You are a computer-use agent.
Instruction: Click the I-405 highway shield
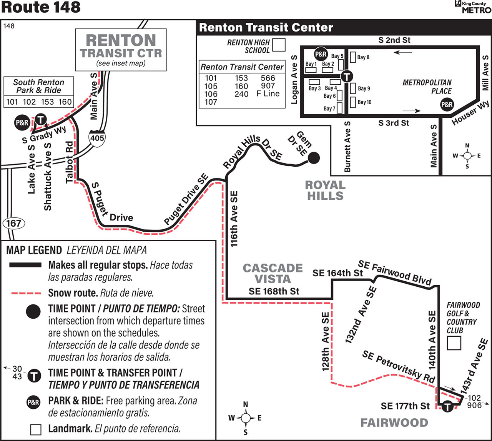(x=97, y=138)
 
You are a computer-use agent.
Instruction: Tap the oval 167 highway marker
(x=13, y=224)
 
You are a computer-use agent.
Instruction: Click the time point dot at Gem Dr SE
(x=314, y=158)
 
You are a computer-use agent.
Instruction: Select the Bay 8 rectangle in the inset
(x=353, y=57)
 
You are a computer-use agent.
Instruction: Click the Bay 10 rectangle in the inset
(x=353, y=102)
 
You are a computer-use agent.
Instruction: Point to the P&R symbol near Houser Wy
(x=447, y=105)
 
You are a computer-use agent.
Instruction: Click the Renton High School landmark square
(x=279, y=45)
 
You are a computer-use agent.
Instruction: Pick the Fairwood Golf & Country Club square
(x=454, y=343)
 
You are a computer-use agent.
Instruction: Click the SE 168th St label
(x=274, y=291)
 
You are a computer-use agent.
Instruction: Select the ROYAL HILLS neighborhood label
(x=325, y=190)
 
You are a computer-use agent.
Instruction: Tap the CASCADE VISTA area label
(x=273, y=273)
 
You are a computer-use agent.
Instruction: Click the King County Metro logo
(x=473, y=7)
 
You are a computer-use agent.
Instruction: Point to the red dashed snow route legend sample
(x=26, y=294)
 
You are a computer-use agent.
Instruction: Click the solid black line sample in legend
(x=25, y=265)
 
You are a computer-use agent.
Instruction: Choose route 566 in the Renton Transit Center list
(x=268, y=78)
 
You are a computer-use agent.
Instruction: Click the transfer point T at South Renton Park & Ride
(x=41, y=120)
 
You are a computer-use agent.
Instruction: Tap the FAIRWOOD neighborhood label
(x=394, y=423)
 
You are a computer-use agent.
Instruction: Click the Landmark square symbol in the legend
(x=36, y=429)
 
